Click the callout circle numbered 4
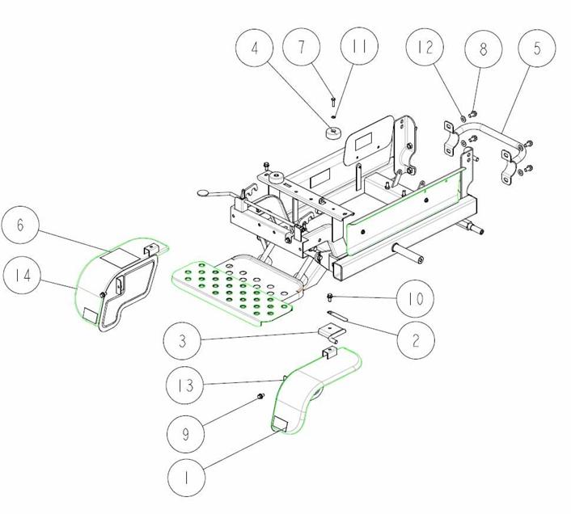[x=254, y=48]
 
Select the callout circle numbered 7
[x=302, y=47]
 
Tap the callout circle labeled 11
[x=359, y=46]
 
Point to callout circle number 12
[x=425, y=47]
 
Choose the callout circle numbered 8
[x=483, y=49]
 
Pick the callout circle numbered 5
[x=537, y=48]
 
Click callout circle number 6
[x=20, y=225]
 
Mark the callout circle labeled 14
[x=22, y=275]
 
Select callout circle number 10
[x=415, y=299]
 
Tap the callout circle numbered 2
[x=416, y=340]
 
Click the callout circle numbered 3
[x=182, y=341]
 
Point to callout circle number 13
[x=184, y=385]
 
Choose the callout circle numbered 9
[x=186, y=434]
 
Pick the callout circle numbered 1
[x=187, y=478]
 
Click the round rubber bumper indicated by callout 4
[x=333, y=133]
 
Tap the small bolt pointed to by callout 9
[x=260, y=396]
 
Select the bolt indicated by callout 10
[x=330, y=297]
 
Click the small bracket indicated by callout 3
[x=331, y=333]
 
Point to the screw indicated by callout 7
[x=333, y=102]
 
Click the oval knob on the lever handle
[x=203, y=192]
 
